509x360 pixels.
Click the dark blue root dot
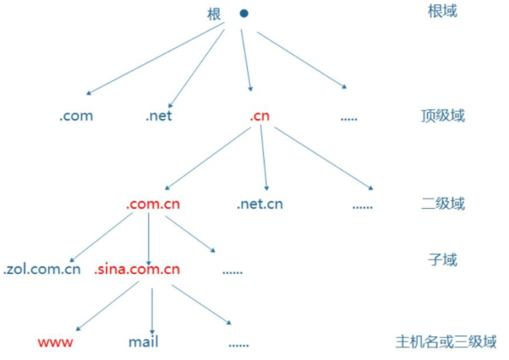click(x=244, y=14)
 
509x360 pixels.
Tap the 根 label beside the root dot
click(x=214, y=14)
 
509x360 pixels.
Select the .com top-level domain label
click(x=76, y=116)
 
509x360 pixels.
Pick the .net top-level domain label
click(x=158, y=116)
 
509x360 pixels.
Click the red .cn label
click(x=260, y=116)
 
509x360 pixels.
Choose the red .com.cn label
click(x=153, y=204)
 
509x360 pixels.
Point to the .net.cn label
click(x=260, y=204)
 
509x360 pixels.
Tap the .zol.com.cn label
click(x=41, y=270)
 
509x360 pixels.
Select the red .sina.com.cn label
click(x=139, y=270)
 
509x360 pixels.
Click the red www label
click(x=56, y=342)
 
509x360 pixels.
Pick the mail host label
click(x=144, y=342)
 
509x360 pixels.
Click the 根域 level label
click(x=442, y=12)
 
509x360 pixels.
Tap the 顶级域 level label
click(x=442, y=116)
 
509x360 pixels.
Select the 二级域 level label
click(x=442, y=204)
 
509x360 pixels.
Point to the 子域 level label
click(x=442, y=259)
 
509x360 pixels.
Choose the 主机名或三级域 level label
click(x=446, y=342)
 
